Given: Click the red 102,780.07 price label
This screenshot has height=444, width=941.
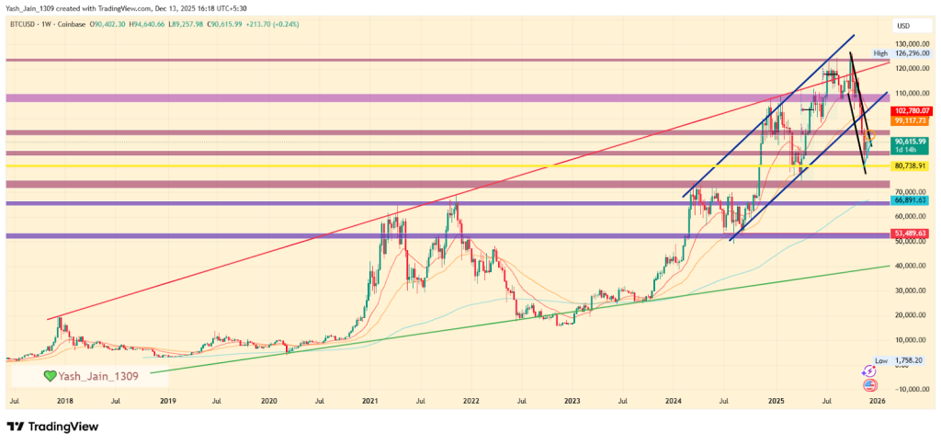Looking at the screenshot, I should (x=909, y=110).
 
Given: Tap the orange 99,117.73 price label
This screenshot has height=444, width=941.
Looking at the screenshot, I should (x=909, y=120).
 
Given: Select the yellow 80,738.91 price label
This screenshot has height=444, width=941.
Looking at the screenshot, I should (x=909, y=165).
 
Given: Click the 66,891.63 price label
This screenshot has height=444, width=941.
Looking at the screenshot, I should (x=909, y=199).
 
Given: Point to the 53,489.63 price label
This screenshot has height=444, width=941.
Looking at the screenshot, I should (x=909, y=233).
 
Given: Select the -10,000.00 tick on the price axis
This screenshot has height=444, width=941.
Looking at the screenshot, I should (x=909, y=389).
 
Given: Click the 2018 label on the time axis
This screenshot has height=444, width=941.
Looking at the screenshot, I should (x=65, y=402).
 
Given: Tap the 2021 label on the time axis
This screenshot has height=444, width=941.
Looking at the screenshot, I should (x=369, y=402).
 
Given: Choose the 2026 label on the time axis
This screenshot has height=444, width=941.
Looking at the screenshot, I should (x=877, y=402).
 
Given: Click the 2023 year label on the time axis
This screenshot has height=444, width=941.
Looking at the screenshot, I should (x=572, y=402).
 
